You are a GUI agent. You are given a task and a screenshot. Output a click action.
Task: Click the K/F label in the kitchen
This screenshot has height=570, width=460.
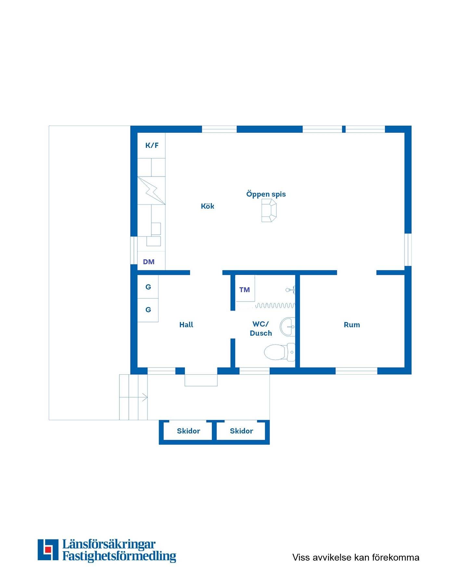[152, 145]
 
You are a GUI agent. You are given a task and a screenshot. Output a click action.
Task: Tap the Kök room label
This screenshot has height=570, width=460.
[207, 206]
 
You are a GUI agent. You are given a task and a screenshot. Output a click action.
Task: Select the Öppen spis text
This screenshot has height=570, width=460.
[266, 194]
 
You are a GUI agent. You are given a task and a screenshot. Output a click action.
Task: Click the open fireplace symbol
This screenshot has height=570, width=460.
[269, 211]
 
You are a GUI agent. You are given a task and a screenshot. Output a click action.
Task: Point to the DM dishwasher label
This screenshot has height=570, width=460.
[149, 262]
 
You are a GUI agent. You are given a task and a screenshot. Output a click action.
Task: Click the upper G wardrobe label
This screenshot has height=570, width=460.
[148, 287]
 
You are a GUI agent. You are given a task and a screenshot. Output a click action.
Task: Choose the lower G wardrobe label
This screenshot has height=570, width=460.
[148, 309]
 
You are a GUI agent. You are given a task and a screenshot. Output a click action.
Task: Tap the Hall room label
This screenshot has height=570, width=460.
[186, 324]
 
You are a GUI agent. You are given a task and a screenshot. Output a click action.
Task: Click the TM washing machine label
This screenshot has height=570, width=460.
[245, 290]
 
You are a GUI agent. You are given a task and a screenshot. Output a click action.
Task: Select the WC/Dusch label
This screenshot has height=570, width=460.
[261, 329]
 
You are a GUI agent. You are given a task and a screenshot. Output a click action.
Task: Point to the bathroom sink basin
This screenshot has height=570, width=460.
[287, 326]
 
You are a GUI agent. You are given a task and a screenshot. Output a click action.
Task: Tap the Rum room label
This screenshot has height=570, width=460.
[352, 324]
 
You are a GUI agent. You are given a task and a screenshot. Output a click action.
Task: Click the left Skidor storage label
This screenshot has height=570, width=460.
[188, 431]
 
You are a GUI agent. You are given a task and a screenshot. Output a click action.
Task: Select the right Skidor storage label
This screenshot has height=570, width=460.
[241, 431]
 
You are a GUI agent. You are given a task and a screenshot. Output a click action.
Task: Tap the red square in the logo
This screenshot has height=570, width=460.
[48, 549]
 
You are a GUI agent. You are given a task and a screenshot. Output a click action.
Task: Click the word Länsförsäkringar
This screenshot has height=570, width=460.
[109, 544]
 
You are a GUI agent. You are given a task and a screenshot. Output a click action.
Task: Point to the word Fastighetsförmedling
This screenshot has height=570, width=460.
[119, 556]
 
